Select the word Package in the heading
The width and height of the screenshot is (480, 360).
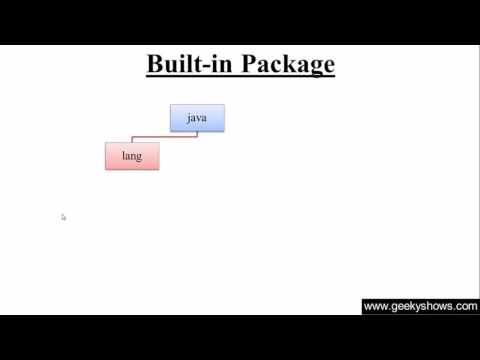click(x=284, y=66)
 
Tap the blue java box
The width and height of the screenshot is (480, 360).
click(x=197, y=118)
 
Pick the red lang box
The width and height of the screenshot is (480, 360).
click(x=132, y=156)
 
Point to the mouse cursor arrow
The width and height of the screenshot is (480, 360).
click(x=63, y=216)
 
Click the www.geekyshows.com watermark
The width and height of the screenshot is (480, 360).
click(x=420, y=306)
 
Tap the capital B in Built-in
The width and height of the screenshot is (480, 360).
click(x=155, y=65)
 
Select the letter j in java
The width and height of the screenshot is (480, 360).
click(x=188, y=118)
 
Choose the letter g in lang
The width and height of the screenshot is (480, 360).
click(x=141, y=158)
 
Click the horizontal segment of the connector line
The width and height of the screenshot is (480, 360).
click(x=165, y=137)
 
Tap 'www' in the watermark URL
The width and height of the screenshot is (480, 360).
click(x=375, y=307)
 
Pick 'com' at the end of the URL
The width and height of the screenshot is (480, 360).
click(x=467, y=307)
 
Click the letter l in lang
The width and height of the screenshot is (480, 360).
click(x=123, y=156)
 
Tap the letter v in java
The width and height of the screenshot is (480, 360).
click(x=199, y=118)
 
